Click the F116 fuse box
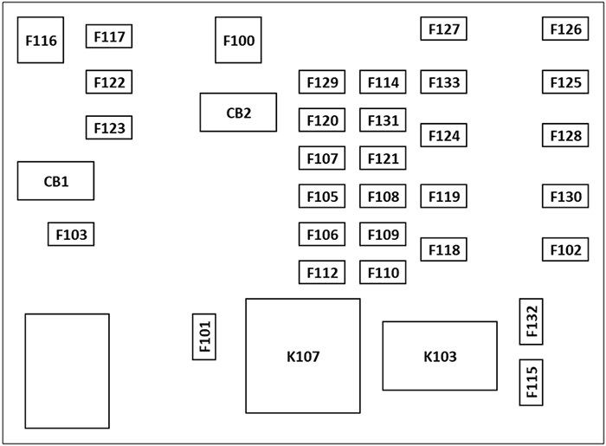point(41,40)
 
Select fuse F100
point(239,40)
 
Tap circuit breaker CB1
point(55,181)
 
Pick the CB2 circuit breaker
point(238,113)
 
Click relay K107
point(303,356)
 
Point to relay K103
point(440,356)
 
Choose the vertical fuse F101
point(204,337)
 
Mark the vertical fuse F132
point(531,321)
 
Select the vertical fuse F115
point(531,382)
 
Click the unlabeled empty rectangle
point(67,372)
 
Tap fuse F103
point(71,234)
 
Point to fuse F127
point(444,29)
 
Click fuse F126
point(565,29)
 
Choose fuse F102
point(565,249)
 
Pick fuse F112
point(322,273)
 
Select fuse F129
point(322,82)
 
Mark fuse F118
point(444,249)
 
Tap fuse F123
point(109,128)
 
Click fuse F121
point(383,158)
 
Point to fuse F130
point(565,197)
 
